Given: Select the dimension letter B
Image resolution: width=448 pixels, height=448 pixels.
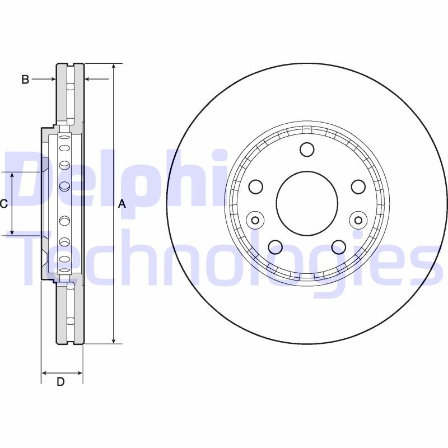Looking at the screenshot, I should [x=25, y=80].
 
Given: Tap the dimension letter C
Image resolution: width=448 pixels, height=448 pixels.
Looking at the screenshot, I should [x=3, y=204].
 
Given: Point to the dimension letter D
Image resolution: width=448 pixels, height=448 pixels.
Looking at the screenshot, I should [x=61, y=382].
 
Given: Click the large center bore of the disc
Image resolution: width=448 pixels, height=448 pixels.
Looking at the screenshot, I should [x=307, y=202].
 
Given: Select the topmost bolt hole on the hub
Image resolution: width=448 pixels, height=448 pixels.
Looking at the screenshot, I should [x=307, y=150].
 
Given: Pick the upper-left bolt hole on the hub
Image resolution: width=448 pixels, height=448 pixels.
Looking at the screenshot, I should [x=256, y=186].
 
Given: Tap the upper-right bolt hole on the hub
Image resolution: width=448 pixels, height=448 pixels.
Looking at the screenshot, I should [x=358, y=186].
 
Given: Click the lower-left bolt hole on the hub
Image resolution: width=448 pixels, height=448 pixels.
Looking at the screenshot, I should [x=275, y=246].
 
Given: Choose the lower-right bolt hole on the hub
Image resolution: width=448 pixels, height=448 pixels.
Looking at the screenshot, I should [x=339, y=246].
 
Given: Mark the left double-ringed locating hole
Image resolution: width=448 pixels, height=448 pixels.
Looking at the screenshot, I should [x=255, y=220].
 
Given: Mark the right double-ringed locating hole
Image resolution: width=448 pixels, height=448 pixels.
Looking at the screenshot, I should [x=357, y=220].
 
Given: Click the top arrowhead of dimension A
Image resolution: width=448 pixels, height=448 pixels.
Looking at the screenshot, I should [x=114, y=67].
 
